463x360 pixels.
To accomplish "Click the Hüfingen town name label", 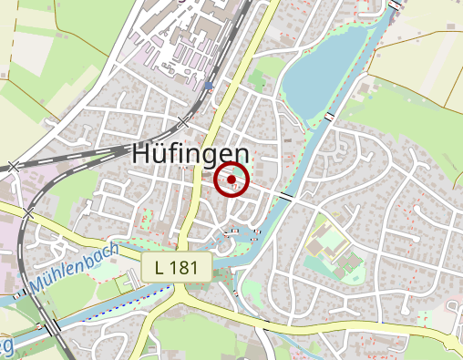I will click(x=190, y=153).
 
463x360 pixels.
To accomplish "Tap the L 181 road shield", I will click(x=177, y=267).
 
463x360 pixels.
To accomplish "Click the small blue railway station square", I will click(x=209, y=86).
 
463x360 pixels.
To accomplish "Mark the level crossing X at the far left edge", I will click(x=13, y=166).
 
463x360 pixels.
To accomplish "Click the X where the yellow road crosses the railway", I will click(x=28, y=212).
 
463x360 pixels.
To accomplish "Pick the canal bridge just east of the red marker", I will click(x=286, y=197).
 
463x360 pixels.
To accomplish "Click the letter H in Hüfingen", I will click(x=141, y=153).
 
